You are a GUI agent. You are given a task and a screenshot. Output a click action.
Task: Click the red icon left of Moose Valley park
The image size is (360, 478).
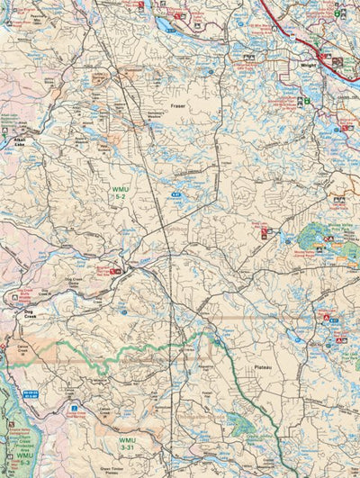265,233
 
